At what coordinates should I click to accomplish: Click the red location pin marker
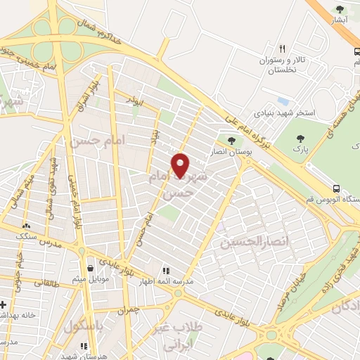point(181,166)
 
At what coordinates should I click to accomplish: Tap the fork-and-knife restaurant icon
point(282,49)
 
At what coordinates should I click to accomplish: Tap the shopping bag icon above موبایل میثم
point(90,268)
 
